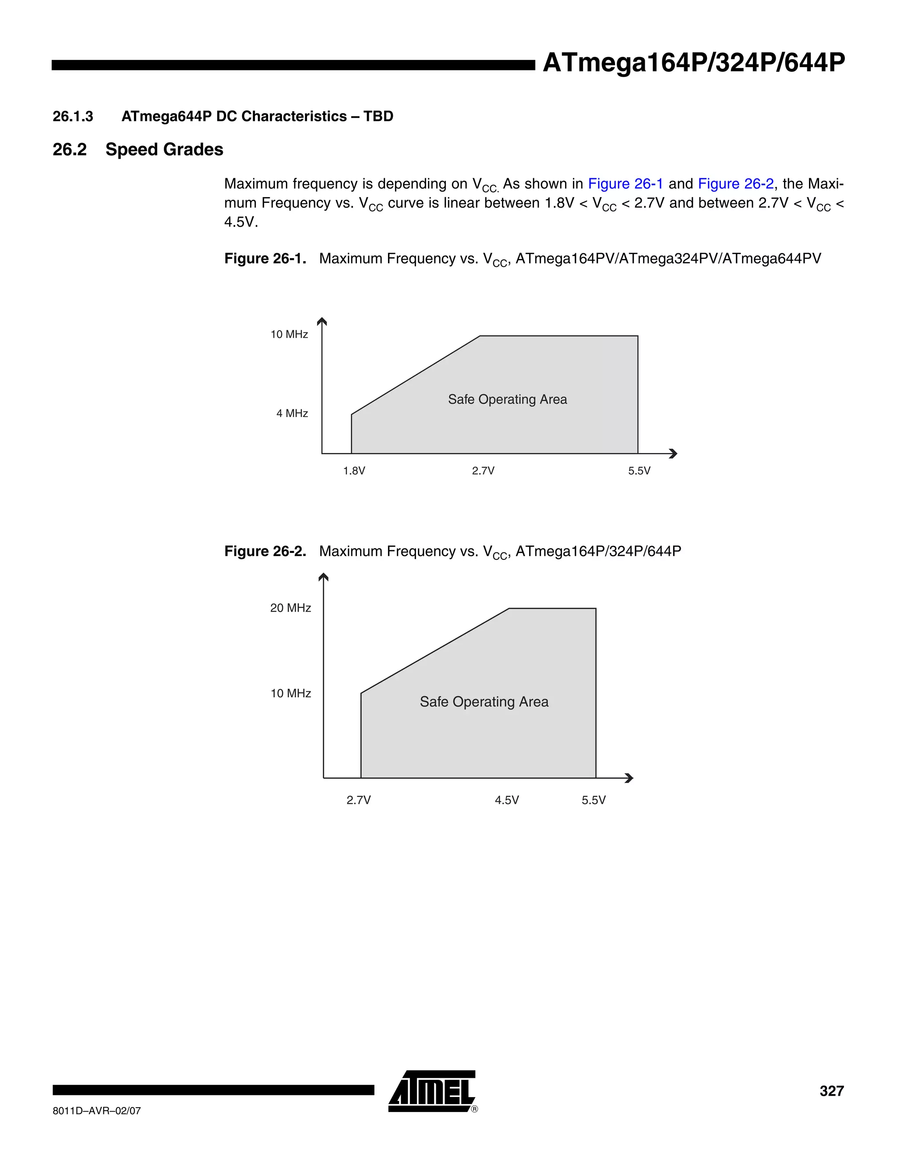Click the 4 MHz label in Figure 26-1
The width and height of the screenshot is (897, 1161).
[292, 413]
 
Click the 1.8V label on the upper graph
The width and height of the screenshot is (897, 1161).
[354, 471]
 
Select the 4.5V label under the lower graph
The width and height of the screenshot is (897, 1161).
[506, 800]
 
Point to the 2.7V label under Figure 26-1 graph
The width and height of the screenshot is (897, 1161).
[483, 471]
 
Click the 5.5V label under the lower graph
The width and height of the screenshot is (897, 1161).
[593, 800]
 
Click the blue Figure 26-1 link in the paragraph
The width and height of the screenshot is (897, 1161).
[625, 184]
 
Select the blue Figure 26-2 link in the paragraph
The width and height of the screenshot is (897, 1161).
[735, 184]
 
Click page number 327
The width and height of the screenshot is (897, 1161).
[831, 1091]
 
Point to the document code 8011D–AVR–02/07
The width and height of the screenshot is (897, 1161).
[97, 1111]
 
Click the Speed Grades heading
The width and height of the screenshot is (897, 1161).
[164, 149]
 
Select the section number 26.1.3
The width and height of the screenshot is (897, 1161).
[73, 117]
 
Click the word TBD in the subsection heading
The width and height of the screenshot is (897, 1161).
[378, 117]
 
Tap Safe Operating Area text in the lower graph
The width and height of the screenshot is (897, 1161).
[484, 702]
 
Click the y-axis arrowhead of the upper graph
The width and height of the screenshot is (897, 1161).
[321, 321]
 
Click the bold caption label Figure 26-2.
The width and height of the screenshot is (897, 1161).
[265, 551]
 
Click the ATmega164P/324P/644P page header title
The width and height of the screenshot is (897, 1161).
[693, 63]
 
